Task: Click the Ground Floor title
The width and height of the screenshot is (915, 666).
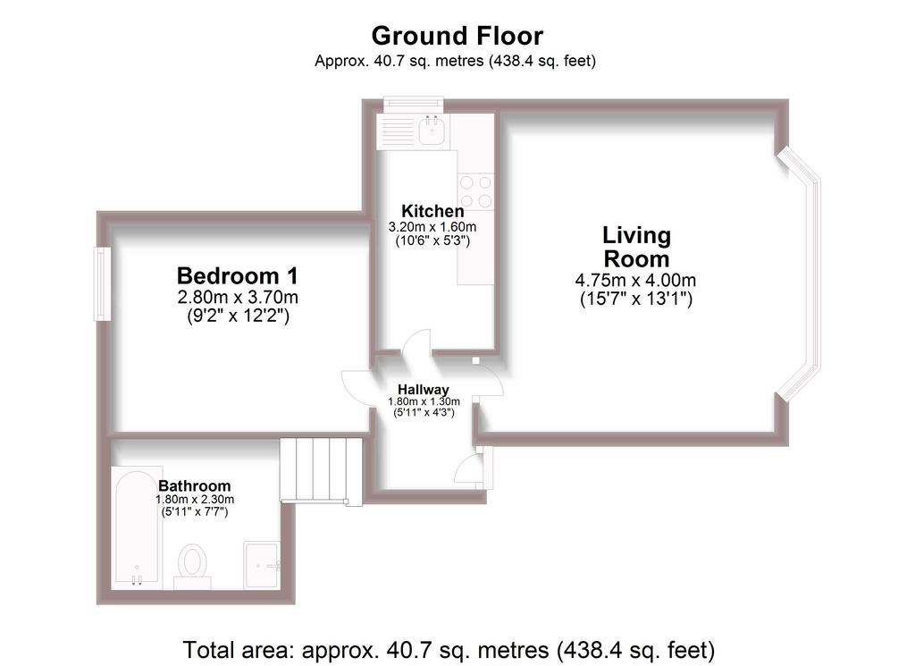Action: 457,36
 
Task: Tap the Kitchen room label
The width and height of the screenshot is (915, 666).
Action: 432,211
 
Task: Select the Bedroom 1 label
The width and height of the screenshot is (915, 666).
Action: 238,275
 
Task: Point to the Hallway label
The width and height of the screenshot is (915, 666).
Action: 423,390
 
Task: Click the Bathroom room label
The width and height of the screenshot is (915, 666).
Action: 194,485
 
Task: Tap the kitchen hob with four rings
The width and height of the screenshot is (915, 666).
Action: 475,192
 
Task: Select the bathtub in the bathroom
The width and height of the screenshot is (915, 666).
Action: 137,527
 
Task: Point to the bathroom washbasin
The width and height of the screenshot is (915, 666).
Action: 262,565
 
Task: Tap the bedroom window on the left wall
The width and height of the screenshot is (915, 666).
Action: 103,283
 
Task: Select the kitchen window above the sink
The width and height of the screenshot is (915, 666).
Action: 413,104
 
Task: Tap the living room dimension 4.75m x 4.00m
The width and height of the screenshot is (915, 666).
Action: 635,280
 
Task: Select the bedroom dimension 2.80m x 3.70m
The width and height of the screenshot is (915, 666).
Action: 238,297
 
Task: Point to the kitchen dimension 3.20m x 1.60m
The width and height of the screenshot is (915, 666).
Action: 432,226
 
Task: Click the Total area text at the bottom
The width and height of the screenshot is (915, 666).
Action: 449,650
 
